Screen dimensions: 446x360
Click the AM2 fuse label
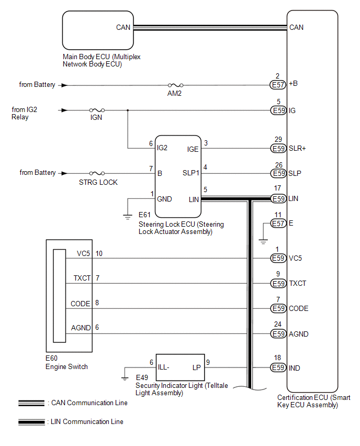click(174, 93)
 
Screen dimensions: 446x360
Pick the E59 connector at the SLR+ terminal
click(277, 149)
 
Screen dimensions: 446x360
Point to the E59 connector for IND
click(277, 368)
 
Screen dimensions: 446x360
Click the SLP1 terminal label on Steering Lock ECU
click(190, 173)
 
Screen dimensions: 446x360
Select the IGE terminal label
click(193, 149)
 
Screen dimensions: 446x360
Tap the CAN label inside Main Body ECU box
click(123, 27)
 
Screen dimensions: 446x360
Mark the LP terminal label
click(196, 368)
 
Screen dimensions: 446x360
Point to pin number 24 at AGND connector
click(277, 325)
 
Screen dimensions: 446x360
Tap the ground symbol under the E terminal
click(263, 241)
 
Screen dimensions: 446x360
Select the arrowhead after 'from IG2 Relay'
click(63, 110)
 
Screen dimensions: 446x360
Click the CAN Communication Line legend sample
click(31, 403)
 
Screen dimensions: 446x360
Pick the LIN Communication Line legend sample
click(31, 422)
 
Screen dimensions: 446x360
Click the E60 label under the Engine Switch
click(52, 359)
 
